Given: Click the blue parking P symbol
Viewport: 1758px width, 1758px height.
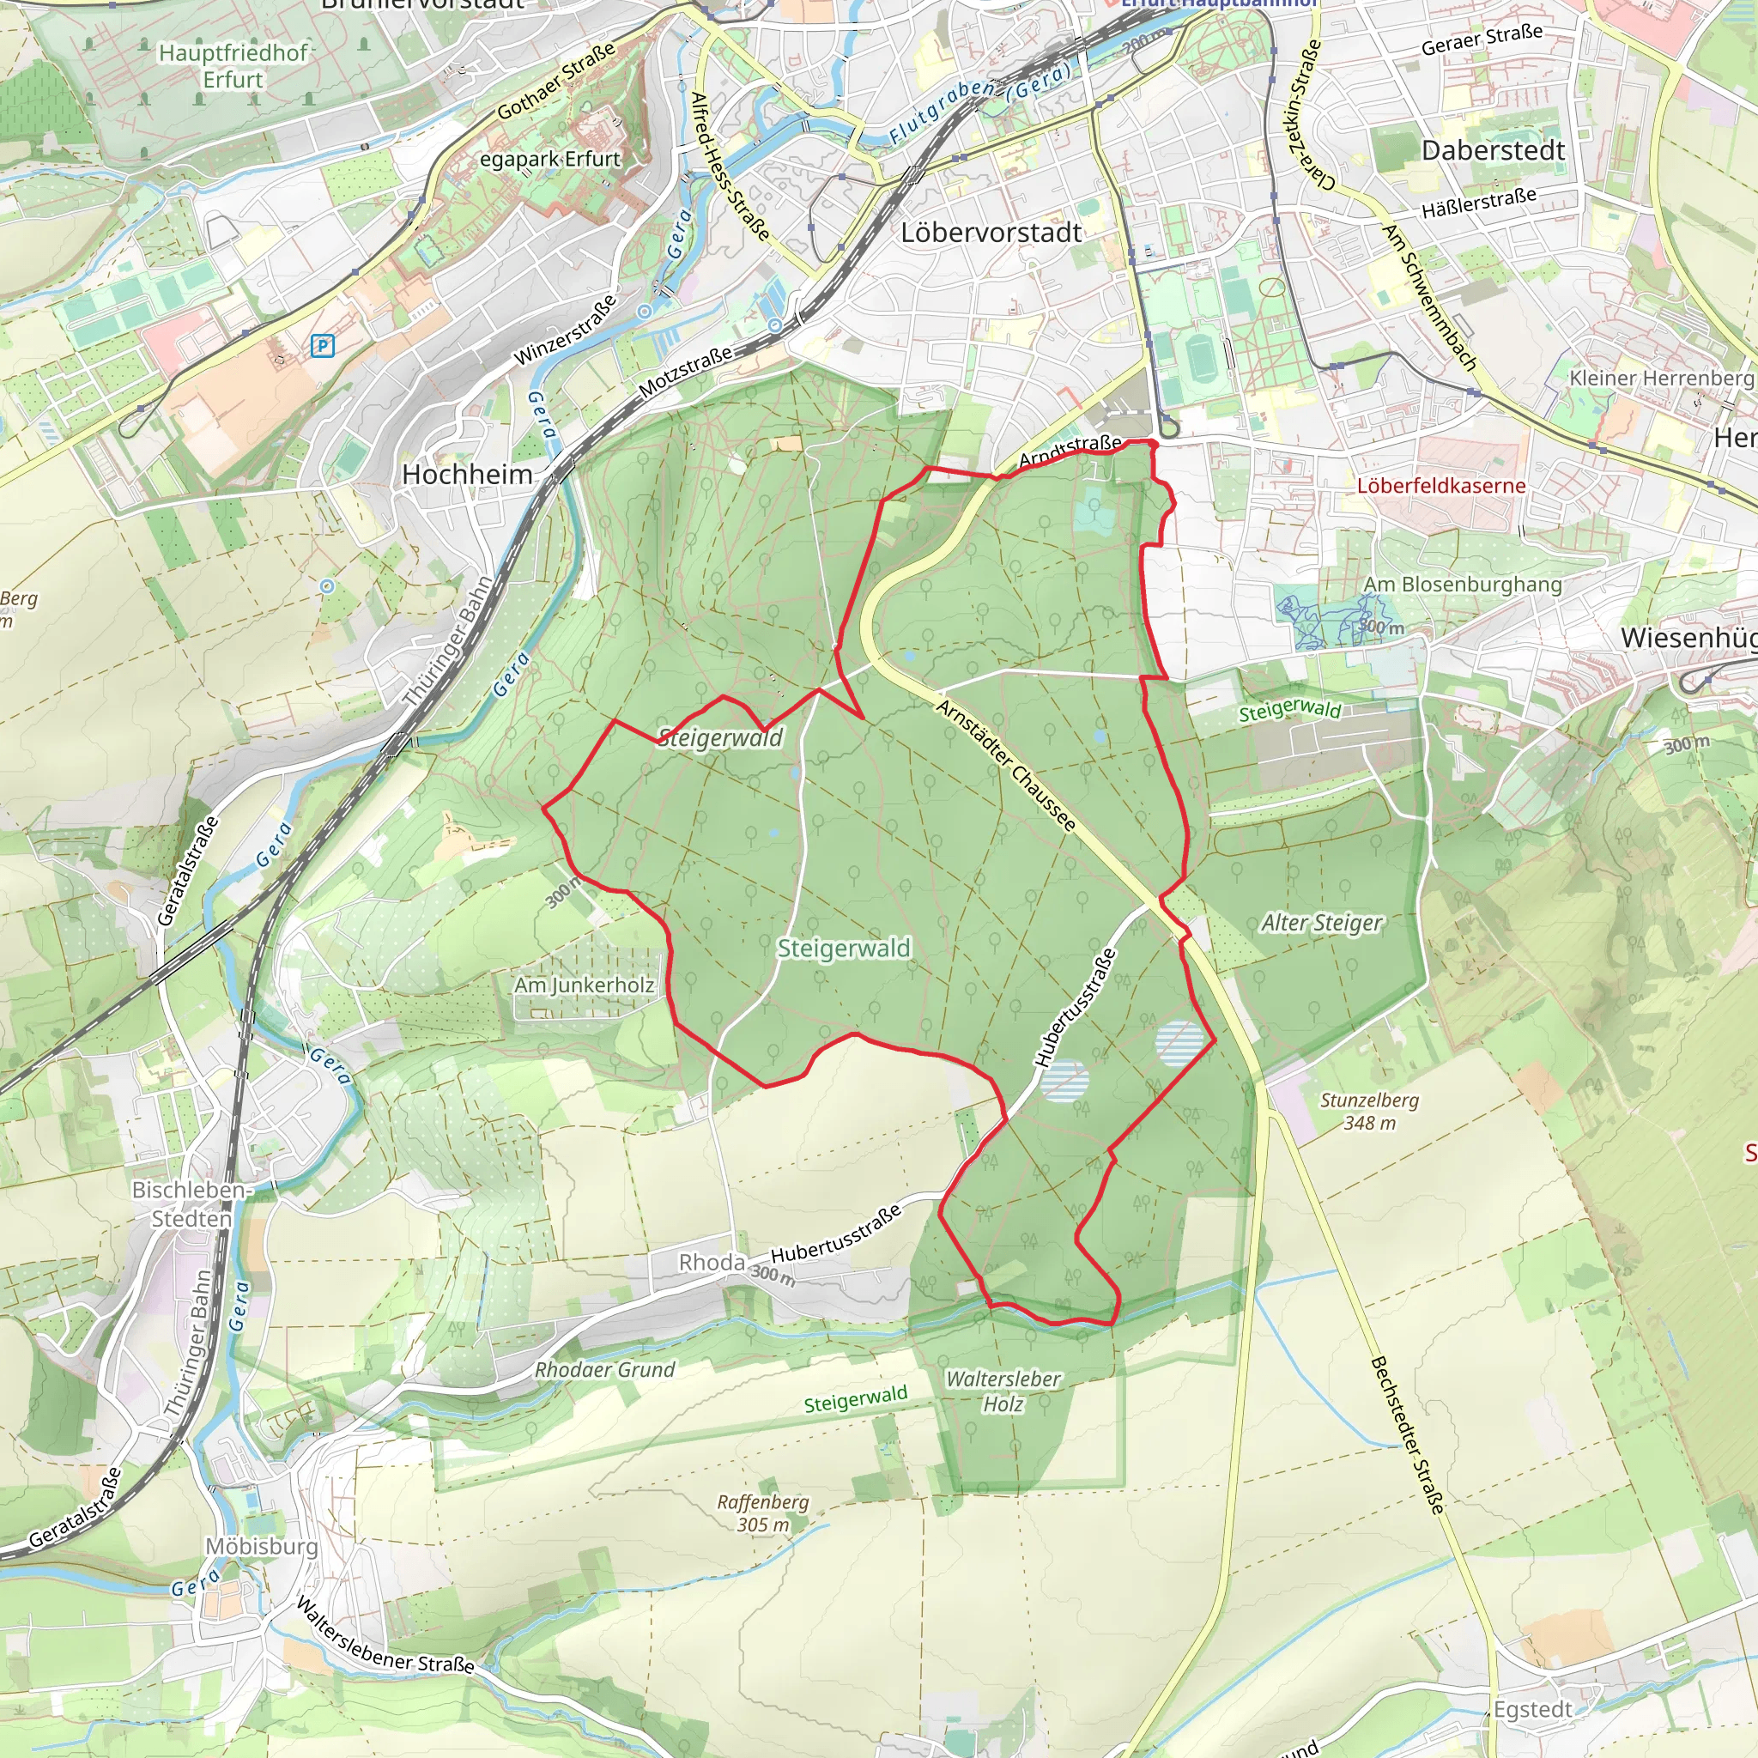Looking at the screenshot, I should (x=322, y=346).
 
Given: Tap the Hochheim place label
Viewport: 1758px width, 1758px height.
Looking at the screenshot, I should (x=467, y=474).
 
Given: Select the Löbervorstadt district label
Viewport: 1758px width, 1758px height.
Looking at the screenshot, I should (x=990, y=233).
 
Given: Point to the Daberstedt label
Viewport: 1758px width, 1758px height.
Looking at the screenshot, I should (x=1494, y=151).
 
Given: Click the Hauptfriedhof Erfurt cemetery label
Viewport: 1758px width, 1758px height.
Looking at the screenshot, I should (x=233, y=66).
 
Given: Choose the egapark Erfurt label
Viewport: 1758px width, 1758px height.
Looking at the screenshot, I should (x=549, y=160).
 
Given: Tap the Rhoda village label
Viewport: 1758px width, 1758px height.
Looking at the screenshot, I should (x=712, y=1263).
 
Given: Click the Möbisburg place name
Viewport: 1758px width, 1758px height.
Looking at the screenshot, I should (x=262, y=1547).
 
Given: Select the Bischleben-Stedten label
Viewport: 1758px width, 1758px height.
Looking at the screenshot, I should (x=191, y=1203).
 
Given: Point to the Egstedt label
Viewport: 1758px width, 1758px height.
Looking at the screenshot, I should (x=1533, y=1710).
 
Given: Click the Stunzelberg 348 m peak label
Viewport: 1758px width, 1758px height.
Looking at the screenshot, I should (x=1369, y=1111).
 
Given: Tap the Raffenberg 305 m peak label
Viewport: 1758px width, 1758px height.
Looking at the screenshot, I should (x=762, y=1513).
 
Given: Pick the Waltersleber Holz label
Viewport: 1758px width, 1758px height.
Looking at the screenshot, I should (x=1003, y=1391).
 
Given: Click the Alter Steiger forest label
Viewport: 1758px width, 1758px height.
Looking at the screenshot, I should (x=1321, y=924).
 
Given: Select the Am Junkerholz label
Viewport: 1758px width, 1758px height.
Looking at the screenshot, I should (x=585, y=985).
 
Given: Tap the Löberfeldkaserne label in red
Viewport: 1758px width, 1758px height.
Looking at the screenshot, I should (x=1441, y=486).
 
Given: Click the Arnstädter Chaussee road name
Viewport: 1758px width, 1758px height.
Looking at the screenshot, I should (x=1006, y=765).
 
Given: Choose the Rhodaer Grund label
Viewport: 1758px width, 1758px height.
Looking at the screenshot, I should (x=604, y=1370).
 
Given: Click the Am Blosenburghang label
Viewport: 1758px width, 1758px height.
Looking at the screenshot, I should (x=1462, y=585).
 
